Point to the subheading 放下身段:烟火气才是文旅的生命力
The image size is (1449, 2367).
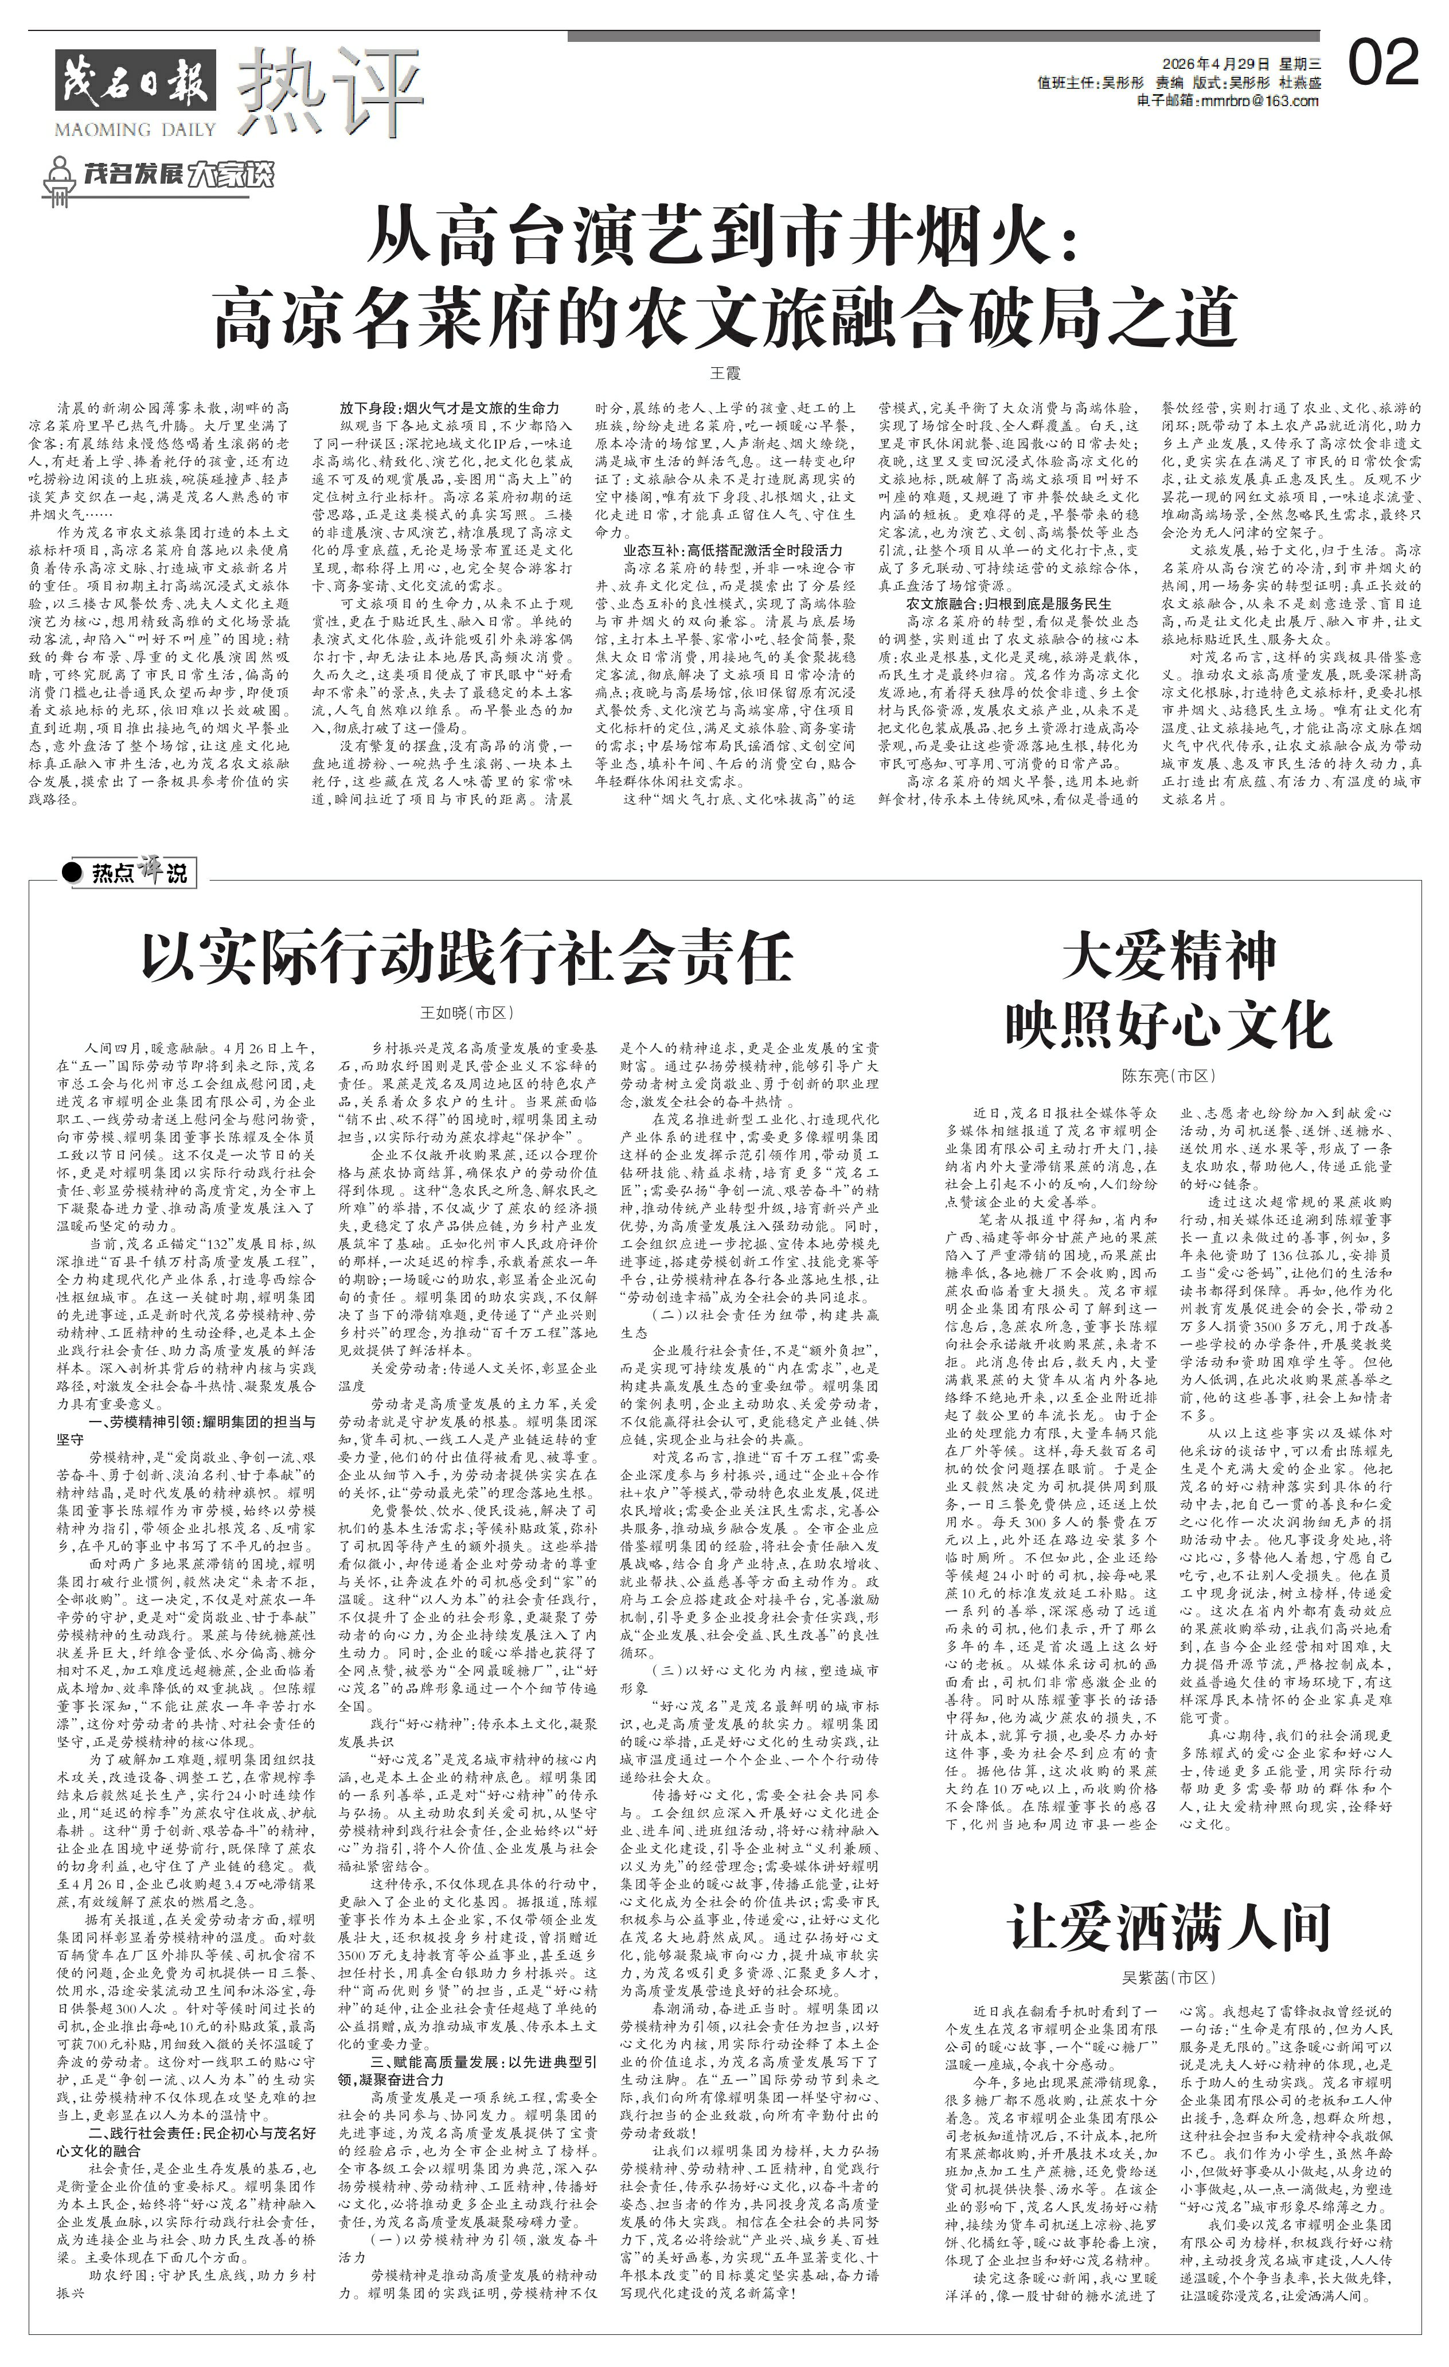450,407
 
